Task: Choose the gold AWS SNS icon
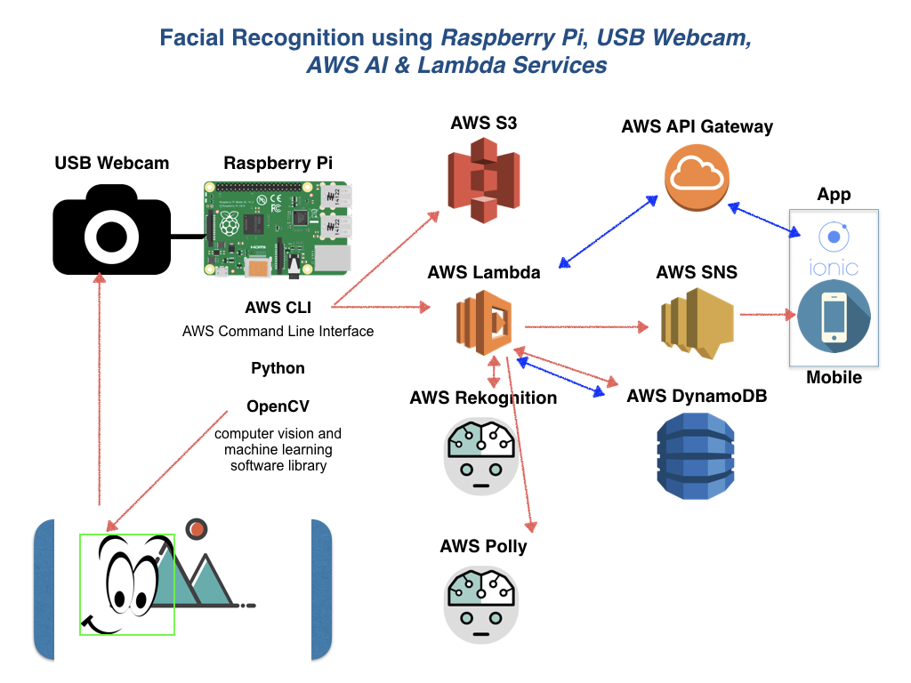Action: click(x=696, y=324)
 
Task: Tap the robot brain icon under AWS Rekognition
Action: click(x=480, y=454)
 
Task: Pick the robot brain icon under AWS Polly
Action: click(x=480, y=602)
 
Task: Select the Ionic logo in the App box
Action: click(x=834, y=250)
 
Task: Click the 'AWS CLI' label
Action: click(x=278, y=308)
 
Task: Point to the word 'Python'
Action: click(x=278, y=368)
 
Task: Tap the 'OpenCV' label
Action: click(x=278, y=406)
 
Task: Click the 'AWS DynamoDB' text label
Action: click(x=697, y=396)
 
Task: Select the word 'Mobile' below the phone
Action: click(x=834, y=377)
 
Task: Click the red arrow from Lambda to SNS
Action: click(x=587, y=326)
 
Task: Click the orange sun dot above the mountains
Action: click(x=198, y=529)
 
